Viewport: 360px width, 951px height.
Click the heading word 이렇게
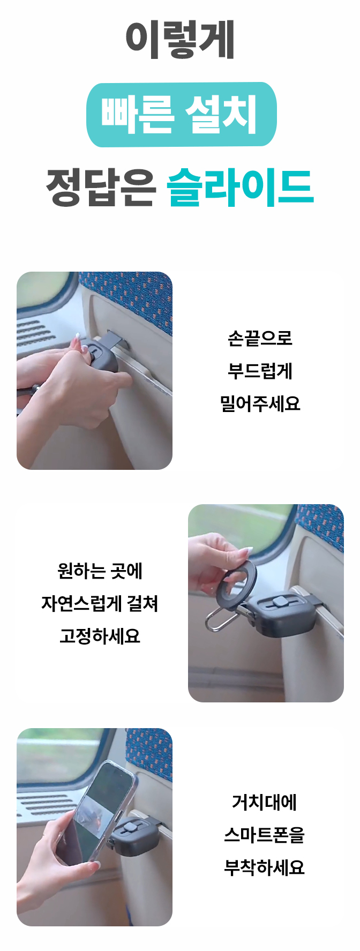click(180, 40)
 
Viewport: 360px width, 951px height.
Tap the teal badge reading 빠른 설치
click(182, 115)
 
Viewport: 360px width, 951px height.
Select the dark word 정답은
click(101, 187)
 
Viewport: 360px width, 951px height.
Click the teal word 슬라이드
click(240, 187)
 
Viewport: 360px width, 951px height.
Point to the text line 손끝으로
click(260, 338)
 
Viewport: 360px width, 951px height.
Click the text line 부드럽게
click(260, 371)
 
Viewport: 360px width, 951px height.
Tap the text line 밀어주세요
click(260, 403)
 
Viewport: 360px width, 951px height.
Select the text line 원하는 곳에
click(100, 571)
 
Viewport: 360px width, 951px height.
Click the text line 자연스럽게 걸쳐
click(100, 604)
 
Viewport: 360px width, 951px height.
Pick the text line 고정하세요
click(100, 637)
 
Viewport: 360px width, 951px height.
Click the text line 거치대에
click(264, 802)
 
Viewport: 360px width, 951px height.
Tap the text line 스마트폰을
click(264, 835)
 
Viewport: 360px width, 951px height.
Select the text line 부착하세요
click(264, 867)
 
